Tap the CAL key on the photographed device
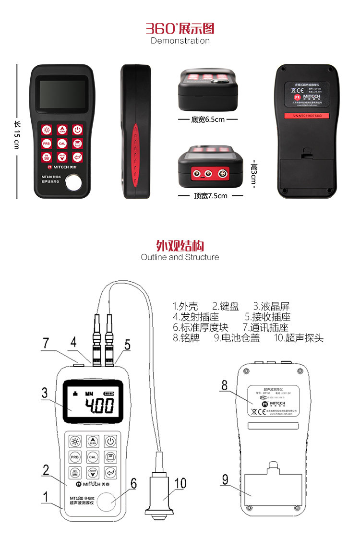pyautogui.click(x=62, y=143)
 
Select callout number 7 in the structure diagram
pyautogui.click(x=46, y=344)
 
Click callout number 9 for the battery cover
pyautogui.click(x=223, y=479)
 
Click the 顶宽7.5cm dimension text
pyautogui.click(x=210, y=196)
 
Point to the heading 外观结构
pyautogui.click(x=180, y=246)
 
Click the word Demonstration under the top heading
pyautogui.click(x=180, y=41)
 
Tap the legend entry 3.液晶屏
pyautogui.click(x=272, y=306)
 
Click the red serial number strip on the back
pyautogui.click(x=307, y=116)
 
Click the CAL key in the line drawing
pyautogui.click(x=93, y=457)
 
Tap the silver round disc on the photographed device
pyautogui.click(x=74, y=182)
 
